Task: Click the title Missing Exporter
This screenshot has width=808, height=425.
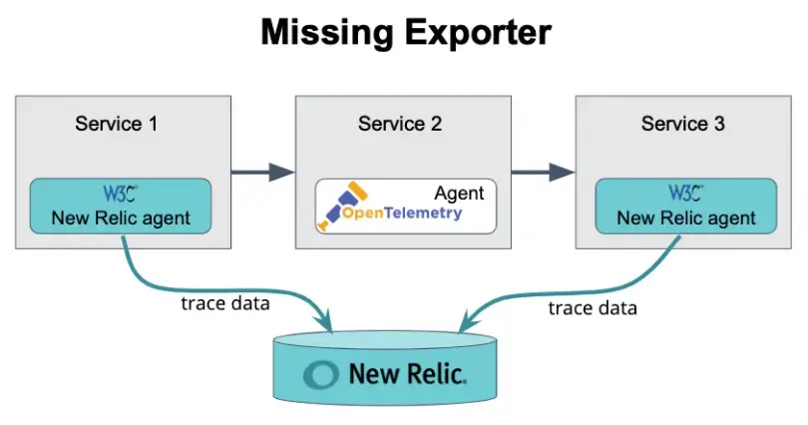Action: pos(404,33)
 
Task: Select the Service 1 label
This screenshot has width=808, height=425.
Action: pos(116,124)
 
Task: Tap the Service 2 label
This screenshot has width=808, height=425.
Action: pos(400,124)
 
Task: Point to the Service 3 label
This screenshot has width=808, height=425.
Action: pos(683,124)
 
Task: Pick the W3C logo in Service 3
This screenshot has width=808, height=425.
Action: pos(685,193)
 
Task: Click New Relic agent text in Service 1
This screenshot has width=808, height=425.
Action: pos(121,218)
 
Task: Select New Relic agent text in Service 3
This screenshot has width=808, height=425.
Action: pos(685,218)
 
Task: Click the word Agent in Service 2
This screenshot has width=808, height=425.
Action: pos(459,193)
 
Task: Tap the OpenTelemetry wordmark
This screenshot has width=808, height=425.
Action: pos(405,213)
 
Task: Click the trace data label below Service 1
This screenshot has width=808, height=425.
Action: pos(224,304)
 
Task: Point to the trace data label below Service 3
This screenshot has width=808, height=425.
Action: pos(593,308)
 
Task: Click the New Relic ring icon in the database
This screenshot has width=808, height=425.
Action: pos(323,374)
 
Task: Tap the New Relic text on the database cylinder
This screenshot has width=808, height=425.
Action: pos(406,374)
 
